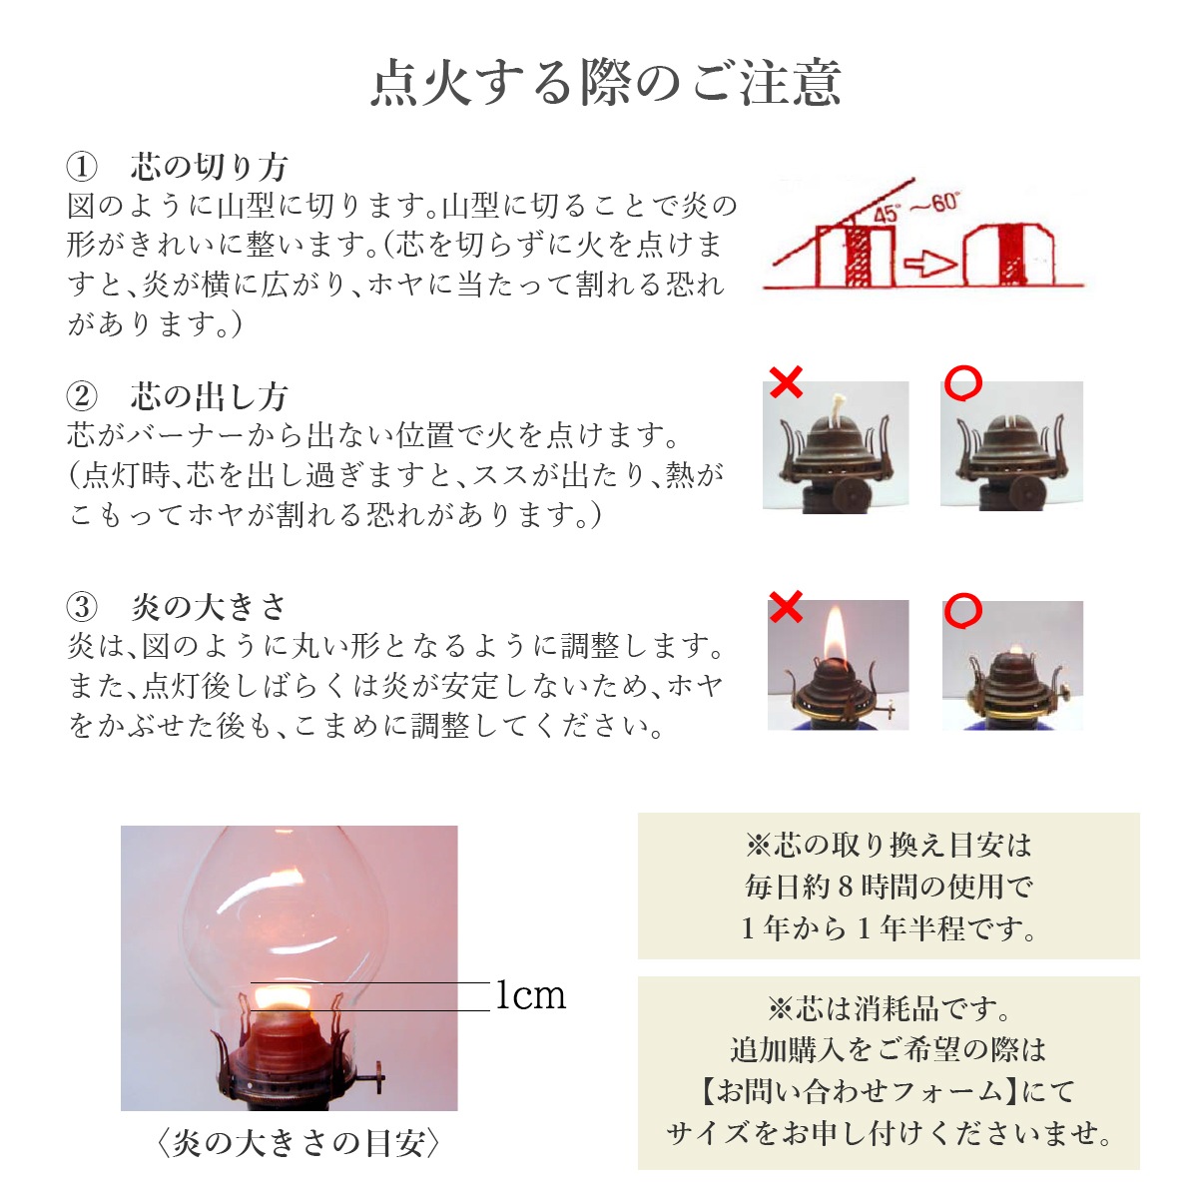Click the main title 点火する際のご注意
(x=606, y=82)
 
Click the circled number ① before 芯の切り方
(x=82, y=167)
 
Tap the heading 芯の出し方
(x=209, y=396)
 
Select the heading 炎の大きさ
(x=209, y=606)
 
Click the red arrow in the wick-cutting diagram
(x=930, y=264)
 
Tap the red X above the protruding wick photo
(x=786, y=381)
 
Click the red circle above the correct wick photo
(x=963, y=382)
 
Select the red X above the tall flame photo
(x=786, y=606)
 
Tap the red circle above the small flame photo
(x=963, y=611)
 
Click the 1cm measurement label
(x=531, y=995)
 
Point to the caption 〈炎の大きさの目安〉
(x=299, y=1143)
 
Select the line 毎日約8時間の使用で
(x=889, y=886)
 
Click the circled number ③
(x=82, y=606)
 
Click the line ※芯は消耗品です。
(x=889, y=1008)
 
